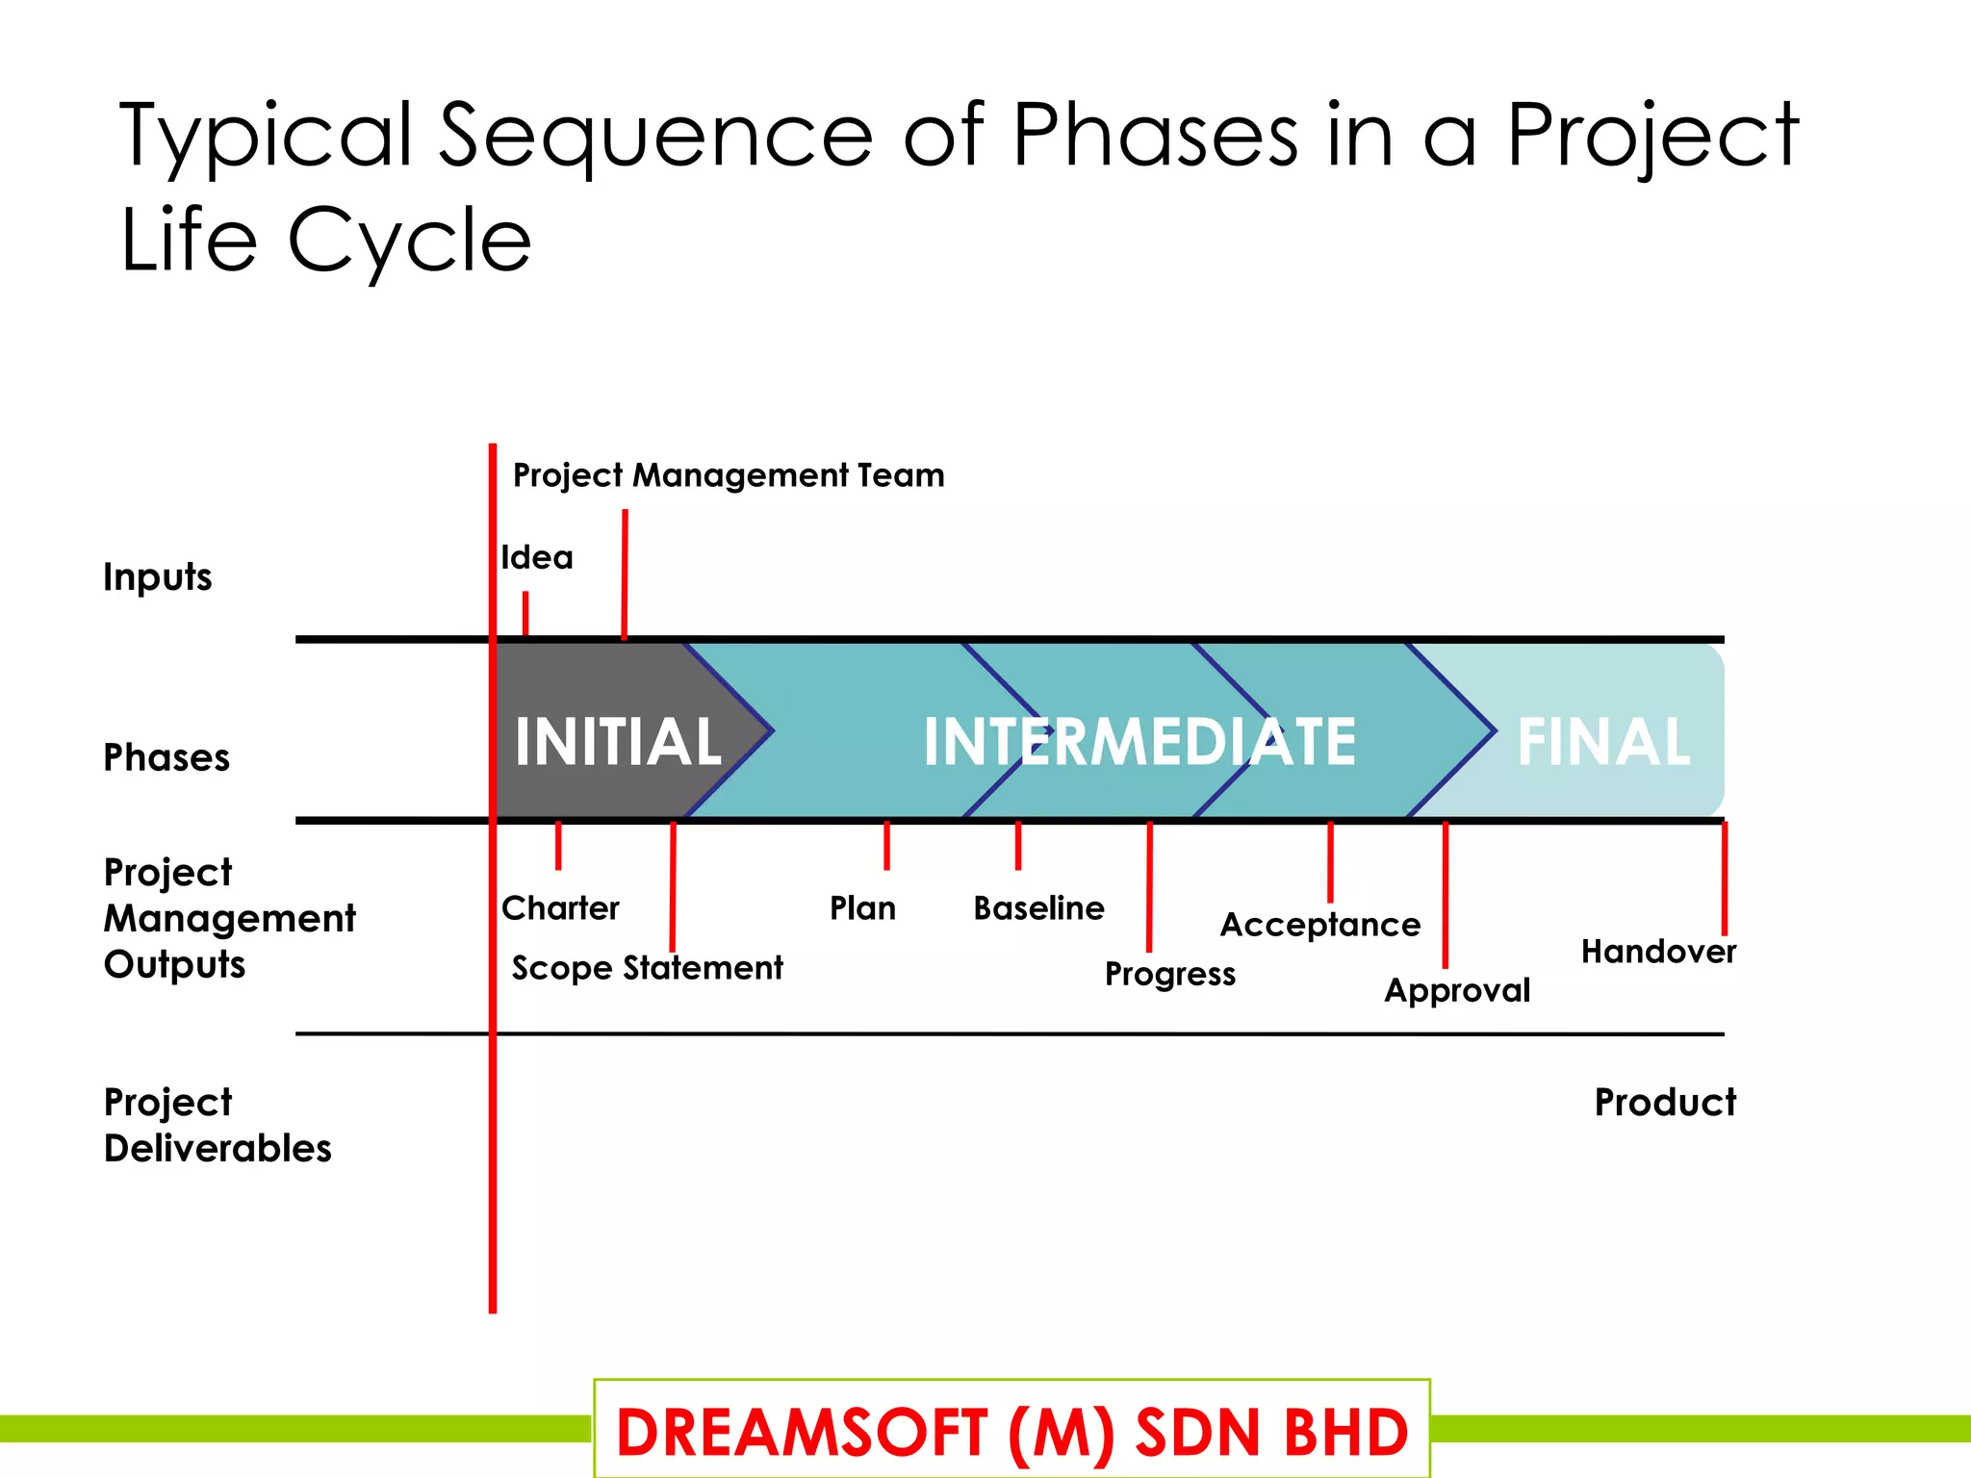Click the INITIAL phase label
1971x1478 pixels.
tap(618, 742)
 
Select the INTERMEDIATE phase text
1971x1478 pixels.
tap(1139, 742)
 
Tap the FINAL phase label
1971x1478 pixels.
tap(1603, 742)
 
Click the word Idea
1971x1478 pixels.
tap(537, 558)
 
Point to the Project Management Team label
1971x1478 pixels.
tap(729, 475)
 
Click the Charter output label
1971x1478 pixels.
tap(561, 908)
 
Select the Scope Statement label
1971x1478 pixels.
tap(648, 968)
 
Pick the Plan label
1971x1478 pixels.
tap(863, 908)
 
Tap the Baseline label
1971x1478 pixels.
tap(1039, 908)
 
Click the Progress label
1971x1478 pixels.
tap(1170, 975)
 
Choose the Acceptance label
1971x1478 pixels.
tap(1320, 926)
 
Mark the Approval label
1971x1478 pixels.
tap(1457, 991)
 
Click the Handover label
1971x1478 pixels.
tap(1658, 952)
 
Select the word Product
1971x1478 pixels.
tap(1665, 1103)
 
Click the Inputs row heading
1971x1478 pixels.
tap(158, 577)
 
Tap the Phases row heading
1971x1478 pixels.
tap(166, 758)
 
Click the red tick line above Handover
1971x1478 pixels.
tap(1724, 878)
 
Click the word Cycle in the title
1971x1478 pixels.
tap(409, 241)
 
